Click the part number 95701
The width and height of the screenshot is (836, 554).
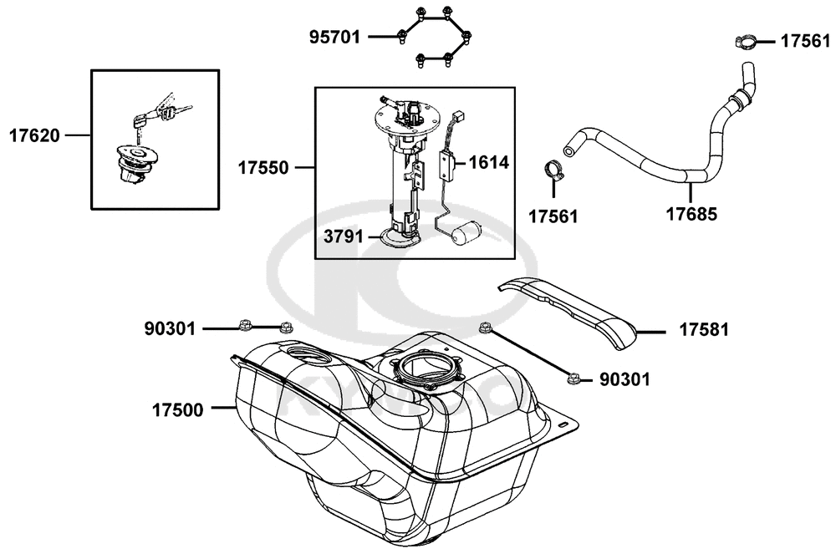click(x=335, y=38)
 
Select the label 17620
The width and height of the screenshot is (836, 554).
click(x=34, y=136)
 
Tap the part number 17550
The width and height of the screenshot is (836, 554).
click(x=263, y=168)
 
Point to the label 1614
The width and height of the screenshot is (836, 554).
click(x=489, y=162)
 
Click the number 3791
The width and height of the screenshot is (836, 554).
click(x=344, y=236)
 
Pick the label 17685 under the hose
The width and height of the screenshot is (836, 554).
click(x=691, y=214)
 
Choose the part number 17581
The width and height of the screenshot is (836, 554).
click(x=703, y=330)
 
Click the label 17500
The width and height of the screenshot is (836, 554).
click(x=177, y=410)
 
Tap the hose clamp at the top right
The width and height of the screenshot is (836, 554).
click(x=746, y=42)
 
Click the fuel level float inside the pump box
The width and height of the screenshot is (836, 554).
click(x=465, y=232)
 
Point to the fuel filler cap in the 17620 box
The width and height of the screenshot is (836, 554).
click(x=135, y=165)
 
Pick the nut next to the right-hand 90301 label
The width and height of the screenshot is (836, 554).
click(x=573, y=379)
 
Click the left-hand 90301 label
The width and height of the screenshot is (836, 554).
click(x=170, y=329)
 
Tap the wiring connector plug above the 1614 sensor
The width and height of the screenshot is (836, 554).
click(x=457, y=115)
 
